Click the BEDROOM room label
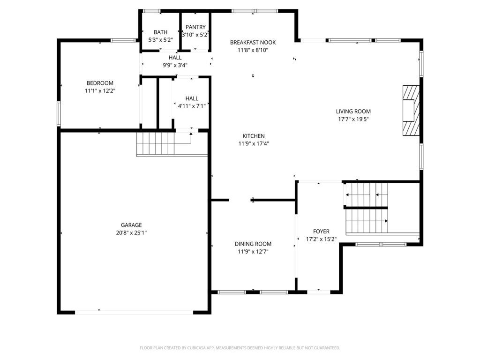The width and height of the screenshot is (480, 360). click(100, 83)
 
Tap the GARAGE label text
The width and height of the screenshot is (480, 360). click(131, 225)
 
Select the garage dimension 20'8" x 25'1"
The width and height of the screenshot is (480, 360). click(131, 232)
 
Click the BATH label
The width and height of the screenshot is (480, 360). click(160, 32)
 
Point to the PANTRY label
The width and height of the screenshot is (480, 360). click(195, 27)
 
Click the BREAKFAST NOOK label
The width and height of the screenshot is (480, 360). click(253, 43)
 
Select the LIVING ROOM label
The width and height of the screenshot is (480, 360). click(353, 112)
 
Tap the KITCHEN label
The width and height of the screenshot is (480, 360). click(254, 136)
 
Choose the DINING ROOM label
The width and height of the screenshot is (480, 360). click(253, 244)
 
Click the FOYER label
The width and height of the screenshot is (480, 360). click(321, 232)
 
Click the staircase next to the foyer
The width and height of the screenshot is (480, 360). click(367, 209)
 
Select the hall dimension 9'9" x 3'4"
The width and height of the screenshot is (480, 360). click(175, 65)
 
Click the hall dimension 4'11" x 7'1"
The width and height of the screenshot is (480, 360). click(192, 106)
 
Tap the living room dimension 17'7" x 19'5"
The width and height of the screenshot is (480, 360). click(353, 119)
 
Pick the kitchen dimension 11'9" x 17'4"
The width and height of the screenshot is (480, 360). click(254, 143)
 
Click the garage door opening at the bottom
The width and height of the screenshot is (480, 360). click(134, 312)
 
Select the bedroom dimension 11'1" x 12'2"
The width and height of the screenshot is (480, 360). click(100, 91)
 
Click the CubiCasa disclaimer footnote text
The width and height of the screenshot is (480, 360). click(240, 348)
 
